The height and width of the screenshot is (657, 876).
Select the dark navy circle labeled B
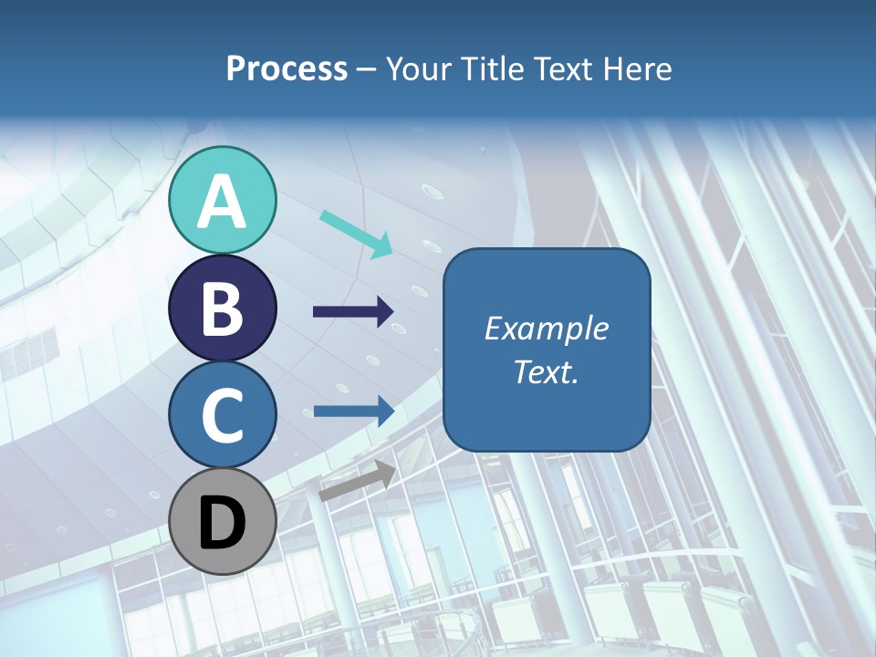point(223,308)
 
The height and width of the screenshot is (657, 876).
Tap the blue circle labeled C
point(223,414)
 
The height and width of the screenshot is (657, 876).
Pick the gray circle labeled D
point(223,521)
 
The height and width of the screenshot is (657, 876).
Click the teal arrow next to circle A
point(356,234)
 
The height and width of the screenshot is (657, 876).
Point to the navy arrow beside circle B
point(353,312)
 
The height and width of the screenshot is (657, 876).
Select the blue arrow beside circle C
point(353,412)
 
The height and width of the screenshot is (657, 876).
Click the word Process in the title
point(287,68)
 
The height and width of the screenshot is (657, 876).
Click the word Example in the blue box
point(546,328)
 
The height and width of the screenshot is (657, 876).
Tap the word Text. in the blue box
point(546,371)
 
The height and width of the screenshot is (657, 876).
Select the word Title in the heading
point(494,68)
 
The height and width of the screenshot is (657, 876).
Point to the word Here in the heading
point(639,68)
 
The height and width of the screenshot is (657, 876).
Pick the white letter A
point(223,202)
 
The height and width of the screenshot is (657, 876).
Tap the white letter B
point(223,309)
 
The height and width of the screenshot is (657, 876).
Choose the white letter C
point(223,416)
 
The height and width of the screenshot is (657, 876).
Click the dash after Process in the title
point(366,70)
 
